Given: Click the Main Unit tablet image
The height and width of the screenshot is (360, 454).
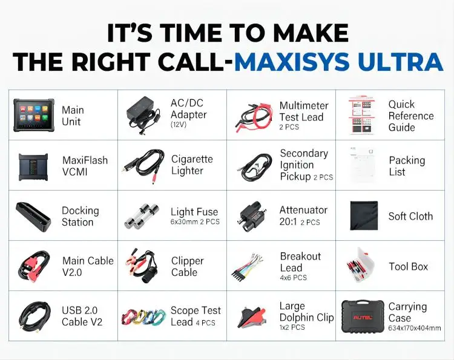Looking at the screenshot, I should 33,114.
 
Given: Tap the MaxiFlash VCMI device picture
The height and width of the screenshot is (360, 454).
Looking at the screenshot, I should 34,165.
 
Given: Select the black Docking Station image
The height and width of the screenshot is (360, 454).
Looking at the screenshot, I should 34,215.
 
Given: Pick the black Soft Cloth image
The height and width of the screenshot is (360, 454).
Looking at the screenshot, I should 364,216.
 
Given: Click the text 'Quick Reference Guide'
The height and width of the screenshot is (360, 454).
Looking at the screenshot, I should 410,116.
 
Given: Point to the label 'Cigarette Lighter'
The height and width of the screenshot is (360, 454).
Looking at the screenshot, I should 192,165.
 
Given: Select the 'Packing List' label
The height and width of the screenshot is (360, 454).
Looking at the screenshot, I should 407,166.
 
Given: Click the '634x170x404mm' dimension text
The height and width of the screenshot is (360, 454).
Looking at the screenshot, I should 414,329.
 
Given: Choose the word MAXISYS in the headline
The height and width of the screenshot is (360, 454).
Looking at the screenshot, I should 290,62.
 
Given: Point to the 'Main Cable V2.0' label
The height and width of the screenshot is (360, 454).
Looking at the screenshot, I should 88,266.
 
